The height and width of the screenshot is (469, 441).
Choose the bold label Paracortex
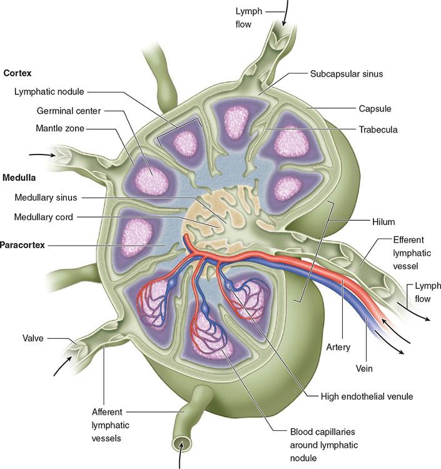[23, 245]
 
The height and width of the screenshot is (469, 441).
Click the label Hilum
[382, 221]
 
